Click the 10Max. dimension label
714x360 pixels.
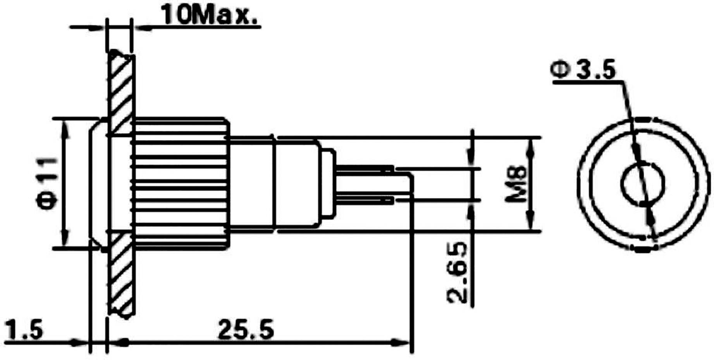pos(209,15)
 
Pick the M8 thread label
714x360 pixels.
pos(517,184)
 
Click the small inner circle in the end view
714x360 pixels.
pos(642,183)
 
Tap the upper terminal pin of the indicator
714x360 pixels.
pos(364,169)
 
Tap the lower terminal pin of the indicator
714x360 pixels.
pos(364,200)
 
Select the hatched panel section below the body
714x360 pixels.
pos(121,273)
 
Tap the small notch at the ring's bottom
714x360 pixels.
pos(642,249)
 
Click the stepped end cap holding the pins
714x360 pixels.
pos(327,184)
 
